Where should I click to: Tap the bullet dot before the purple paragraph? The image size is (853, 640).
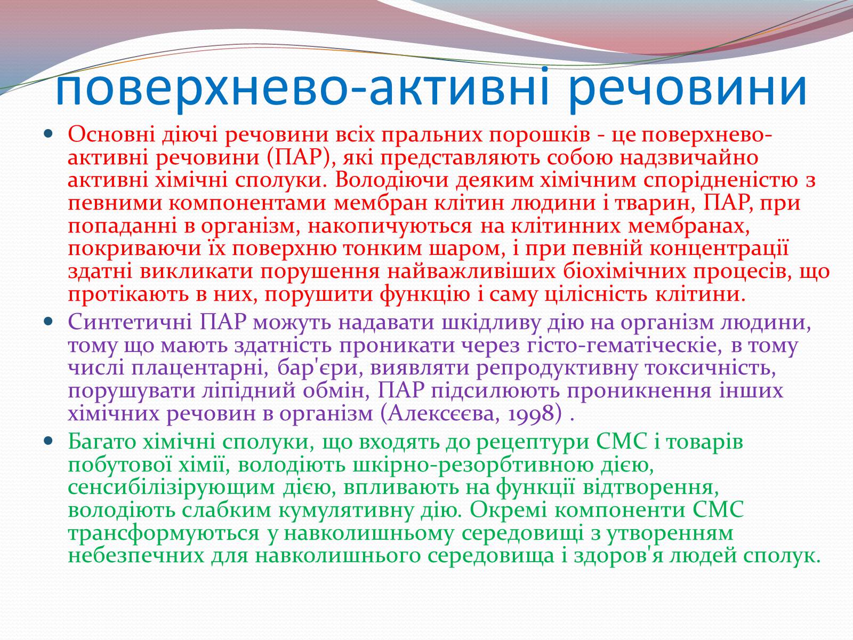click(x=48, y=322)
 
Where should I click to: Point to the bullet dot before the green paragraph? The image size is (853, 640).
click(x=48, y=441)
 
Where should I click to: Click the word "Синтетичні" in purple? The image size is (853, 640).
click(x=130, y=323)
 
